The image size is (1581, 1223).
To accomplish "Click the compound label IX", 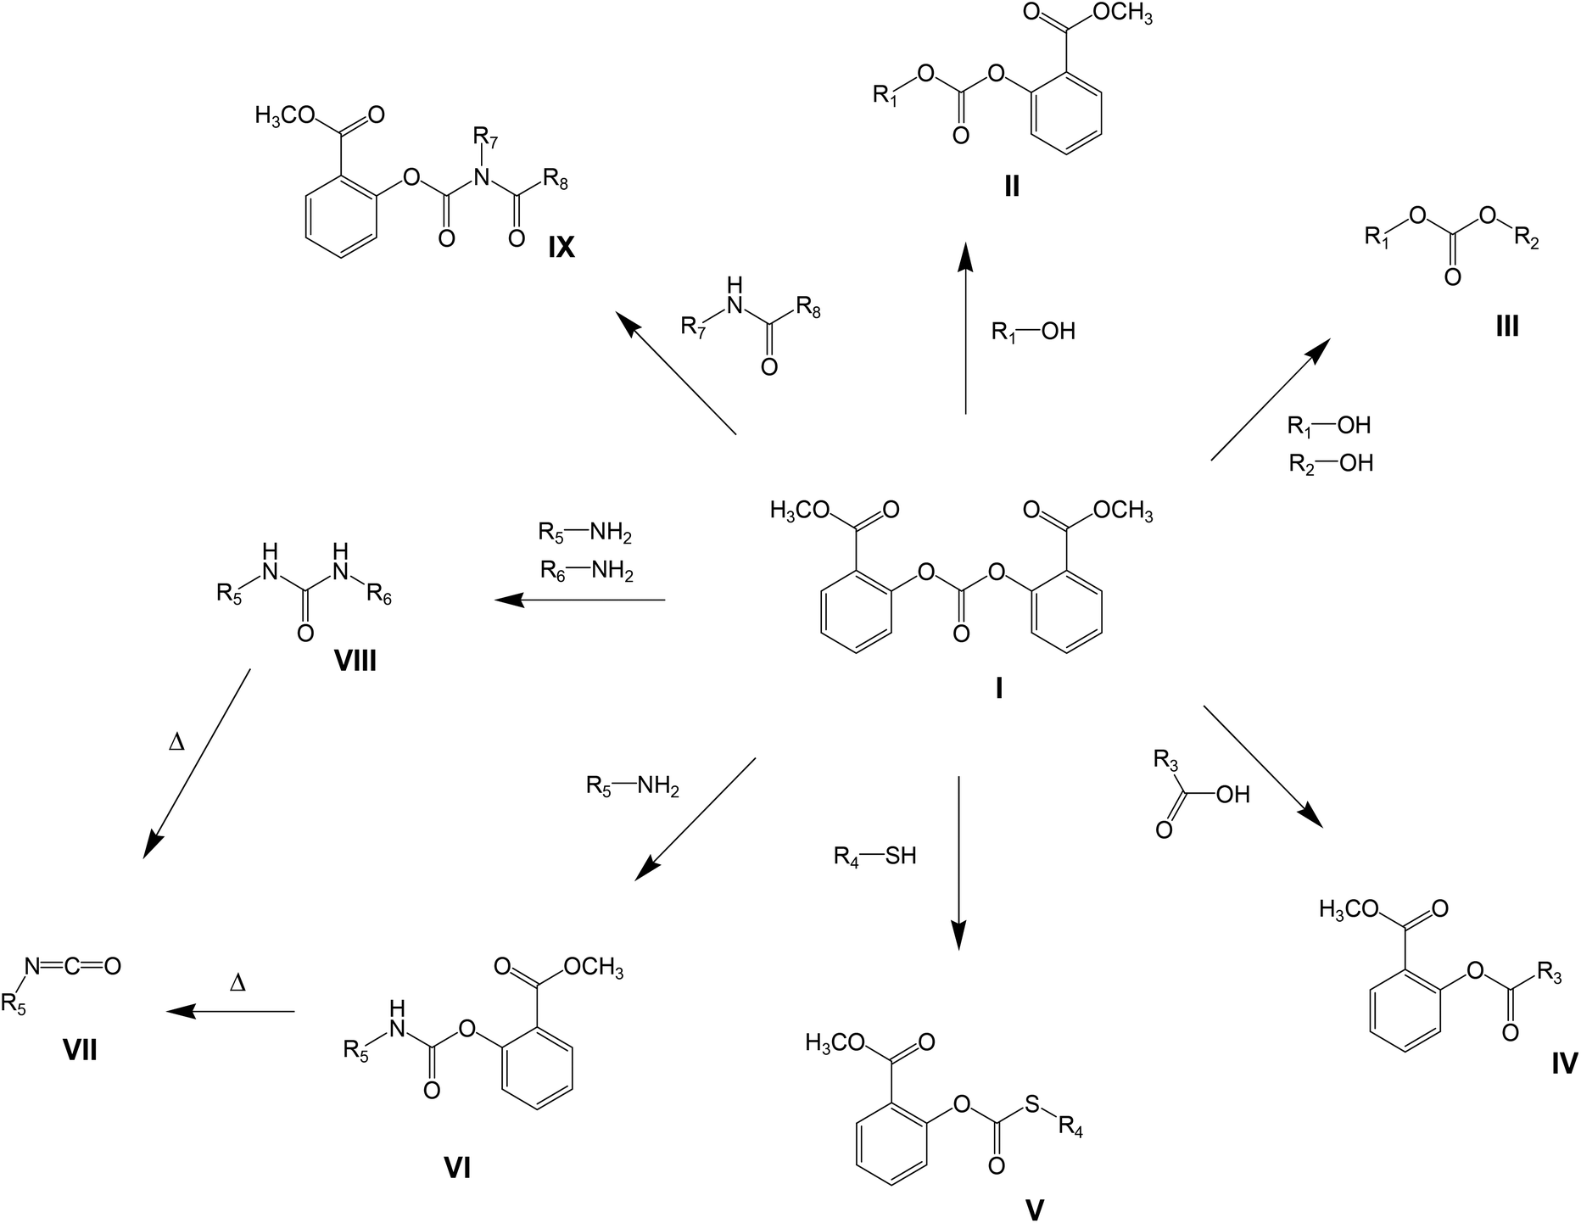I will [561, 247].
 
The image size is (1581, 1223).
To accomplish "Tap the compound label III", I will [1506, 326].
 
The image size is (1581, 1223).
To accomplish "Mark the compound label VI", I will [457, 1168].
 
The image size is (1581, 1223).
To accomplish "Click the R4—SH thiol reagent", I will [874, 857].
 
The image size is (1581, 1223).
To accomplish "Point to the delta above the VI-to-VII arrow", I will [238, 983].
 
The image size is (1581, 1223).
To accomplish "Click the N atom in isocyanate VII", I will [31, 965].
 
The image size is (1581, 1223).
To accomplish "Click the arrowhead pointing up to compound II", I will [965, 255].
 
